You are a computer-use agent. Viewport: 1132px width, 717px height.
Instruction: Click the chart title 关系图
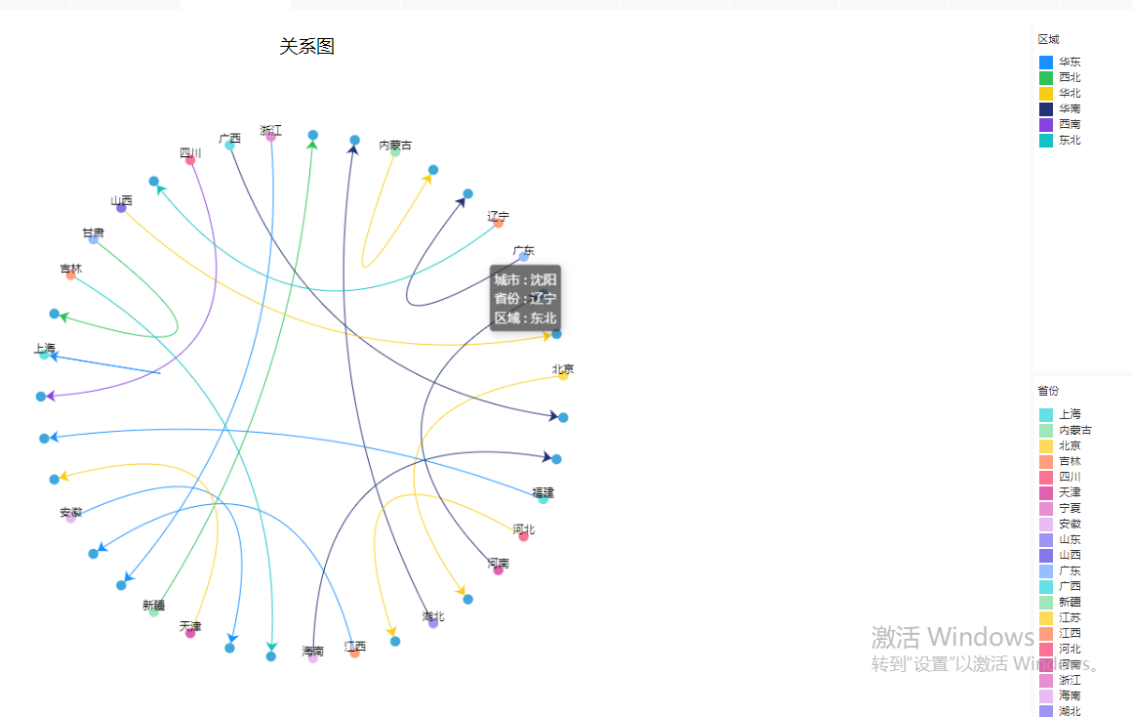pos(306,46)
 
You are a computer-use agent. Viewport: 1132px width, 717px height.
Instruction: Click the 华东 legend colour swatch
pos(1046,63)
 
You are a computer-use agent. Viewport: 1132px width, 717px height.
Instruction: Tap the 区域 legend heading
pos(1048,39)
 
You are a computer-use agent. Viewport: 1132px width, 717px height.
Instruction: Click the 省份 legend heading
pos(1048,391)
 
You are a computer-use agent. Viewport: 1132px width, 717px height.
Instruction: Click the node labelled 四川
pos(190,160)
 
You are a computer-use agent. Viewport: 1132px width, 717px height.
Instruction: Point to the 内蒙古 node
pos(395,151)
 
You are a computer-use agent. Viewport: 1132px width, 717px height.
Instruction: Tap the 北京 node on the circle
pos(563,375)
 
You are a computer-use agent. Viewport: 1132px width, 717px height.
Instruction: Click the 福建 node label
pos(543,492)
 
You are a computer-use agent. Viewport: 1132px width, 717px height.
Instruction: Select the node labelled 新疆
pos(154,612)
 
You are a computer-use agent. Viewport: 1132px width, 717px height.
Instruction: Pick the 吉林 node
pos(70,274)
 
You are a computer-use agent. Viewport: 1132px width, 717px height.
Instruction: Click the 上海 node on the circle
pos(44,355)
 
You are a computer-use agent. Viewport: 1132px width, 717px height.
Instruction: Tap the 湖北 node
pos(433,623)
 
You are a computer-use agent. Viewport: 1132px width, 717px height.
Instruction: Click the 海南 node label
pos(312,652)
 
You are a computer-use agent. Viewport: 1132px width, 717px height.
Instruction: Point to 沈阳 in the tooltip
pos(543,279)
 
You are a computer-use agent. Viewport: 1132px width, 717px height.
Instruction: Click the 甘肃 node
pos(93,238)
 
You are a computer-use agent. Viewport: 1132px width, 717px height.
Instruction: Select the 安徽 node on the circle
pos(70,518)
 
